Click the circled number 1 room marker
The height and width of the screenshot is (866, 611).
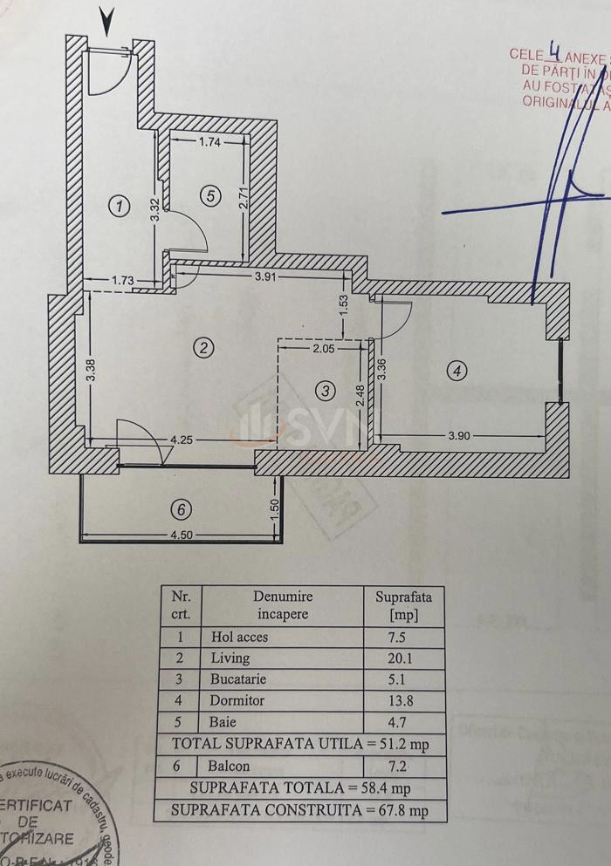119,206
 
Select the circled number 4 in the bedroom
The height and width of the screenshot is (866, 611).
456,371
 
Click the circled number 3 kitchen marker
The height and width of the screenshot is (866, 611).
326,391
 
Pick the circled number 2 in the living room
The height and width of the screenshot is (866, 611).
203,348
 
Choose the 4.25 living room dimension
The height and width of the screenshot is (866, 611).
182,440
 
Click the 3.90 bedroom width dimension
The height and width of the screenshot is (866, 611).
459,436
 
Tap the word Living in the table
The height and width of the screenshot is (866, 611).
230,658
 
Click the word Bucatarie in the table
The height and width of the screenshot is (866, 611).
237,678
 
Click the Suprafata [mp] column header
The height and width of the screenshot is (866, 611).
403,605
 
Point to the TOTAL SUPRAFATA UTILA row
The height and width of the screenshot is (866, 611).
299,744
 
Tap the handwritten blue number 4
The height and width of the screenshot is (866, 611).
553,52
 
